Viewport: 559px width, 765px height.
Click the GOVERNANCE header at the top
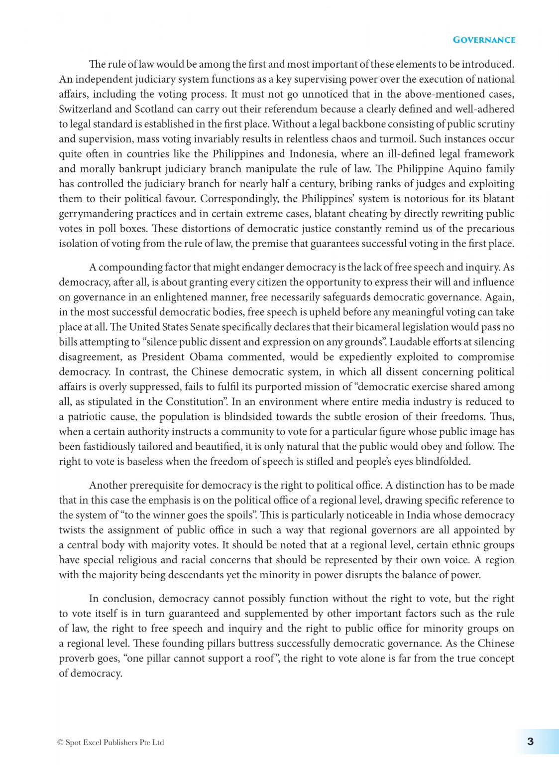click(483, 40)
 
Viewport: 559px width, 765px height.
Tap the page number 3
click(530, 742)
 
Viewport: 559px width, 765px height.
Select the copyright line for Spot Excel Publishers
click(111, 742)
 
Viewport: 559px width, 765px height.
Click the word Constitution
click(195, 402)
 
